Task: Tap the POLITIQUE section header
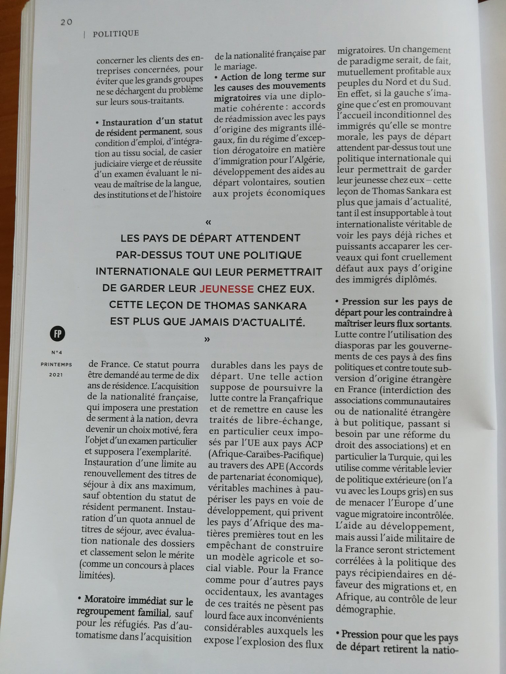[116, 34]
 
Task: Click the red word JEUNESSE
[226, 289]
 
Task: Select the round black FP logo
[58, 334]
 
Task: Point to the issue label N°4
[57, 352]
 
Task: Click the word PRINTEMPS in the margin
[57, 364]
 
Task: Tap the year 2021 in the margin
[57, 375]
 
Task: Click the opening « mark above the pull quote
[208, 222]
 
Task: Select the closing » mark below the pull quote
[207, 339]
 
